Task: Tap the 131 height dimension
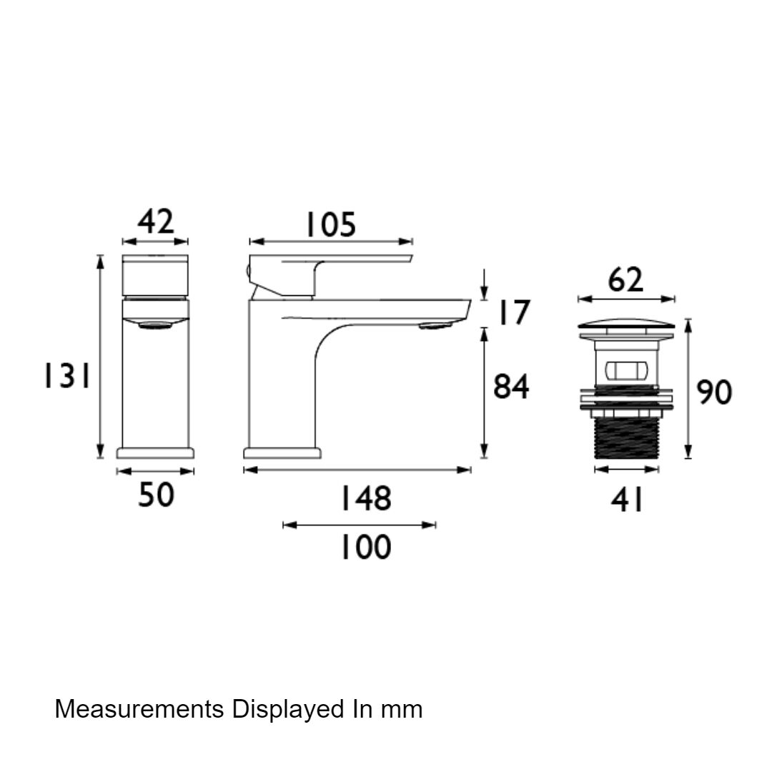pos(67,376)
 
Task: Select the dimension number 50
pos(156,495)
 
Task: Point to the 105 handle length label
pos(331,225)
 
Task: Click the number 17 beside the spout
pos(514,312)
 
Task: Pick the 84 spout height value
pos(511,387)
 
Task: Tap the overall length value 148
pos(366,498)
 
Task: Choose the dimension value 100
pos(366,547)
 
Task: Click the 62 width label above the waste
pos(625,280)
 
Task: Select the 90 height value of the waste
pos(714,392)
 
